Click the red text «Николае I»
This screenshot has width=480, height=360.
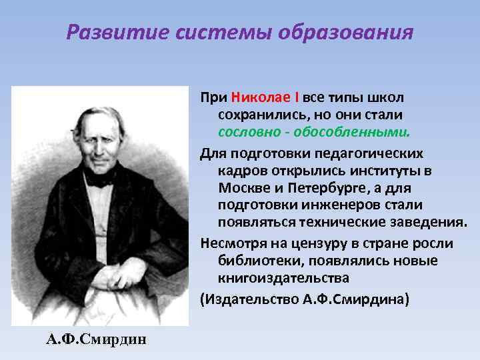pyautogui.click(x=267, y=97)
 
